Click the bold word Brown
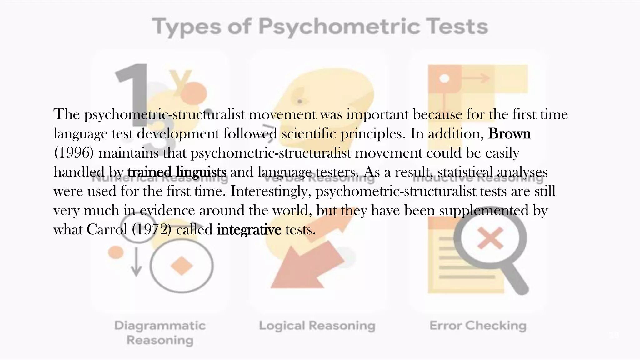509,134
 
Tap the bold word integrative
249,230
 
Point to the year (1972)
152,230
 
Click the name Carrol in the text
107,230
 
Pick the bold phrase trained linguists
177,172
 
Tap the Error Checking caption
478,326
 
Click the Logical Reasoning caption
317,326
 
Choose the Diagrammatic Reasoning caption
160,333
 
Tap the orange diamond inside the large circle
181,266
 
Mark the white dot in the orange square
444,78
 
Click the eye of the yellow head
300,101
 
